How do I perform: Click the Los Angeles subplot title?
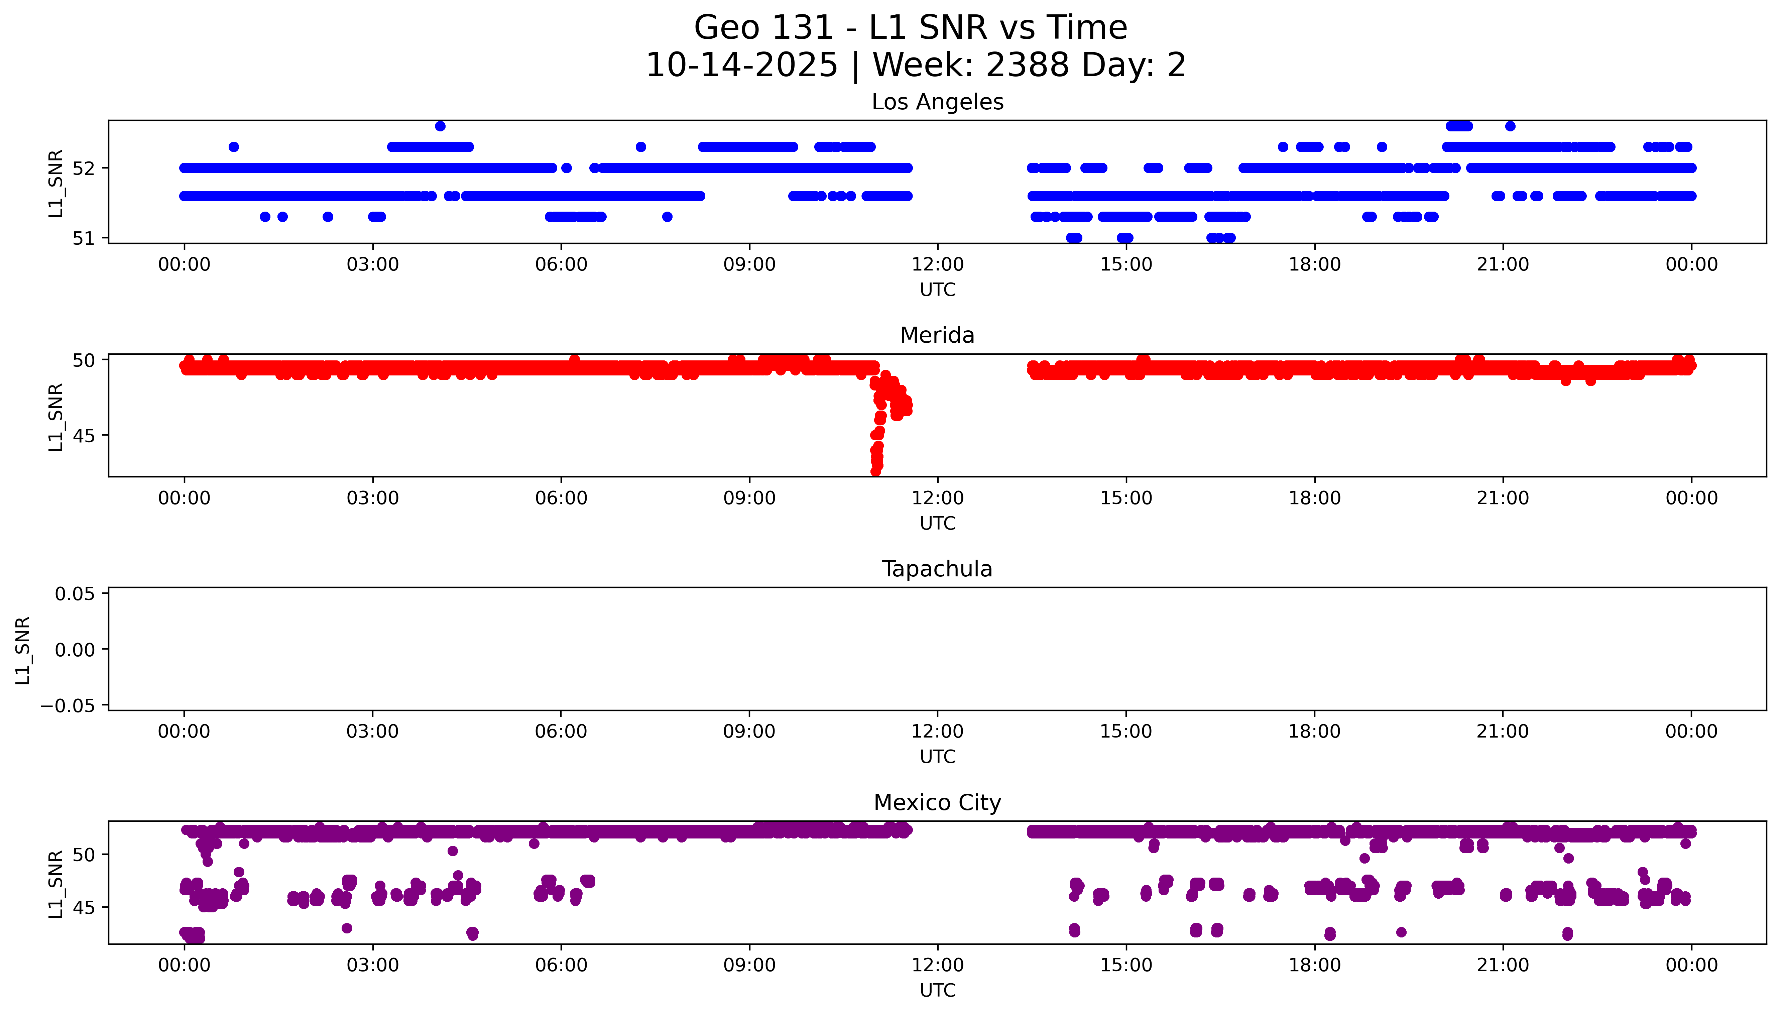coord(937,102)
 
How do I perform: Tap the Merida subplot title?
coord(937,336)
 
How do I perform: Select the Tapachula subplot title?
coord(937,569)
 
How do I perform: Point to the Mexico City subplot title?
coord(937,803)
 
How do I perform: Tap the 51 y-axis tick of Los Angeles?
coord(84,238)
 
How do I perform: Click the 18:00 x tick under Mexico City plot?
coord(1314,965)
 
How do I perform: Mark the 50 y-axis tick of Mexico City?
coord(84,855)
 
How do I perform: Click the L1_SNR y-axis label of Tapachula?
coord(23,650)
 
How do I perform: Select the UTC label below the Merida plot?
coord(937,523)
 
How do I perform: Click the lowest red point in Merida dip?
coord(876,471)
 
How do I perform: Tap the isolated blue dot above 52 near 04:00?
coord(440,126)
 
